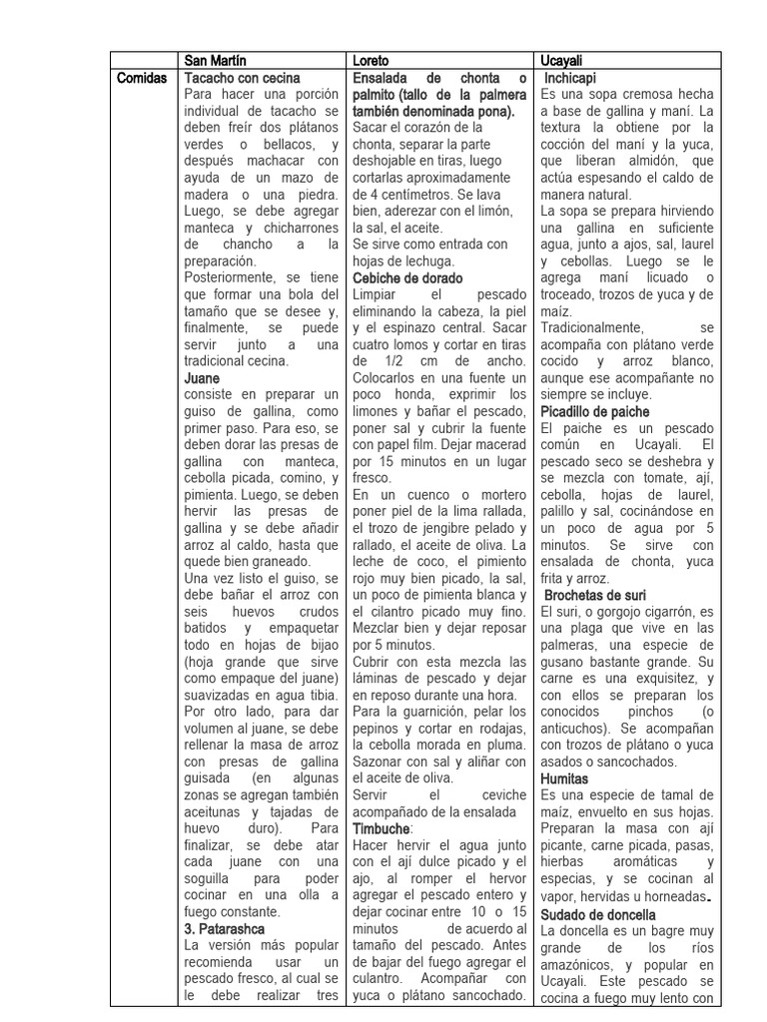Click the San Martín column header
tap(218, 60)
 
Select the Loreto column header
tap(373, 60)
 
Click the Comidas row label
tap(143, 78)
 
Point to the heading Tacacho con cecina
tap(243, 78)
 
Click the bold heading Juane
tap(202, 378)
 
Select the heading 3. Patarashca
tap(225, 928)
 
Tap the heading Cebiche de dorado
tap(408, 278)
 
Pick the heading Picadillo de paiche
tap(594, 411)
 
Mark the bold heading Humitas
tap(564, 777)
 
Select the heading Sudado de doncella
tap(602, 915)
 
